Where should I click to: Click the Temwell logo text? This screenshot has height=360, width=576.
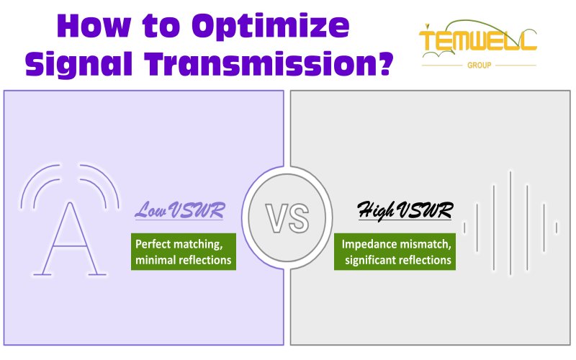click(478, 41)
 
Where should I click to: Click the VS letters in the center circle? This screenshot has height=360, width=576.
click(287, 218)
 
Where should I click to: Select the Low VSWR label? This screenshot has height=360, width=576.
click(179, 212)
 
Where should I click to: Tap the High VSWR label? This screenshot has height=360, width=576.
click(405, 212)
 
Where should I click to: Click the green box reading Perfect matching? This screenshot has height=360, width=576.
click(184, 252)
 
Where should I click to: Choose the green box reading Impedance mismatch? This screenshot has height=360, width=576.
click(396, 252)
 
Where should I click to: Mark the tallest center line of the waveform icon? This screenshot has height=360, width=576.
click(510, 223)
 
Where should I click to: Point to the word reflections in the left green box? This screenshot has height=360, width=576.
click(205, 260)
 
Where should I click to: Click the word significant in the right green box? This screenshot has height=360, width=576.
click(372, 260)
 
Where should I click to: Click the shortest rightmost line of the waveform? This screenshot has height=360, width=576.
click(556, 228)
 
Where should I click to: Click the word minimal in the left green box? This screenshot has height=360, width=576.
click(156, 260)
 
